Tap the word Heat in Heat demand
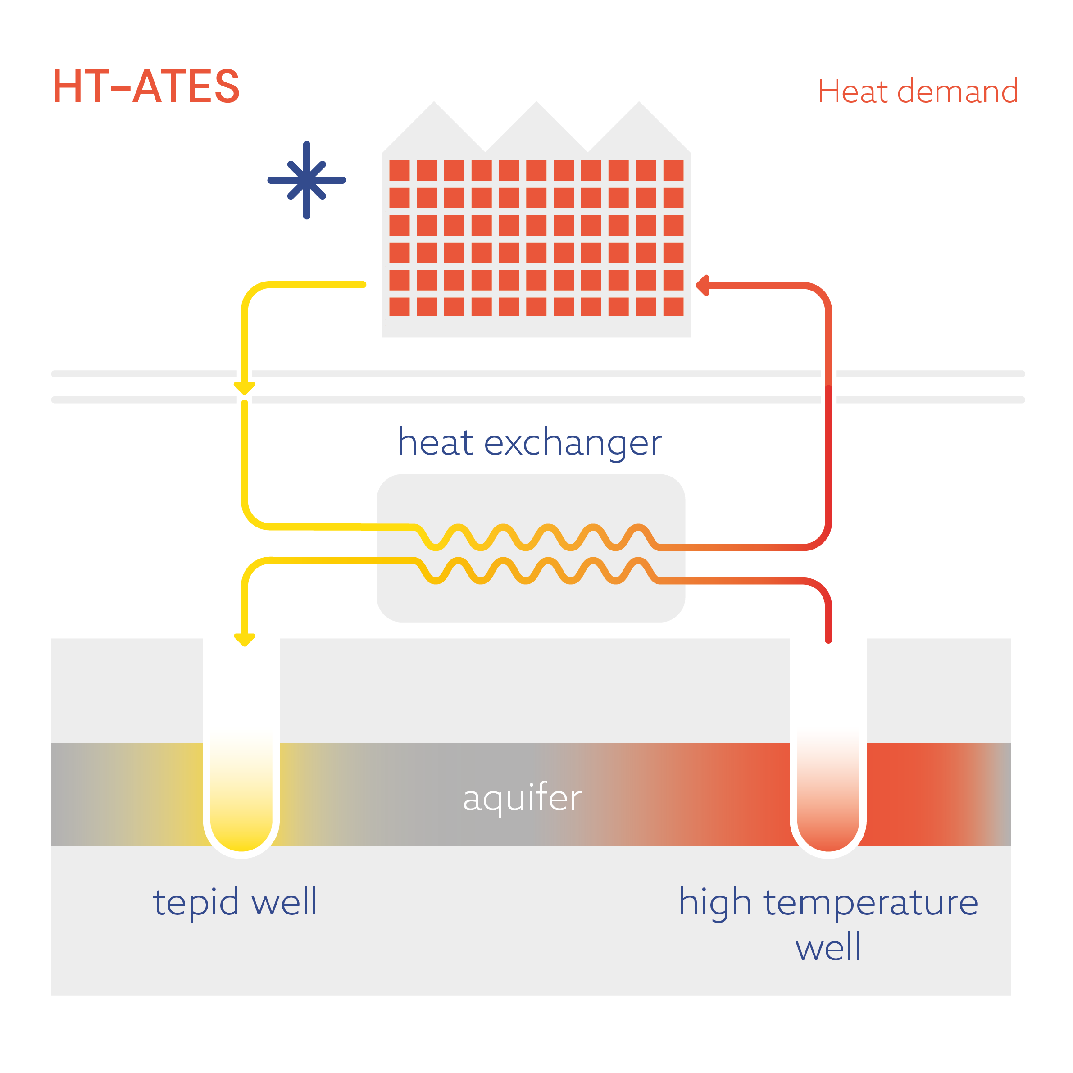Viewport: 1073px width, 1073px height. point(853,91)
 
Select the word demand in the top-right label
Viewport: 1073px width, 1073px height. point(958,91)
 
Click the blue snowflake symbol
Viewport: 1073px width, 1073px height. point(307,180)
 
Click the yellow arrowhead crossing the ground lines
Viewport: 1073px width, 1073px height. point(244,387)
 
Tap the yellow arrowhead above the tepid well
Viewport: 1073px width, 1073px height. point(244,640)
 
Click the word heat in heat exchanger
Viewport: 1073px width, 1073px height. point(436,443)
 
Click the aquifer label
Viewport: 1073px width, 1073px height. point(522,798)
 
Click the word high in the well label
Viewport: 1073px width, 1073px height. point(715,902)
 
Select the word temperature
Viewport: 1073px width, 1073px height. point(870,902)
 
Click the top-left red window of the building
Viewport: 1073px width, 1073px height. point(399,170)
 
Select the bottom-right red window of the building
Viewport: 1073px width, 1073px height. point(673,307)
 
